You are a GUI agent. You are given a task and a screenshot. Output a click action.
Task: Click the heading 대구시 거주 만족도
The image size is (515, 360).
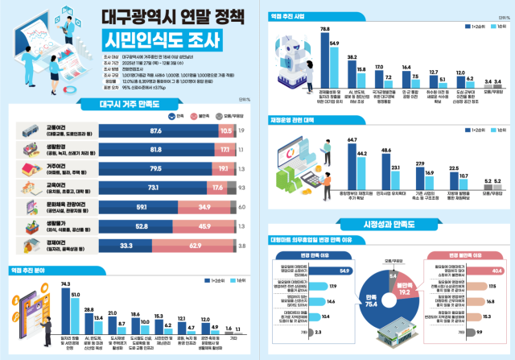[127, 105]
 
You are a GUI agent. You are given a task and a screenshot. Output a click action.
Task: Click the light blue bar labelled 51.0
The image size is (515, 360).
[76, 319]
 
